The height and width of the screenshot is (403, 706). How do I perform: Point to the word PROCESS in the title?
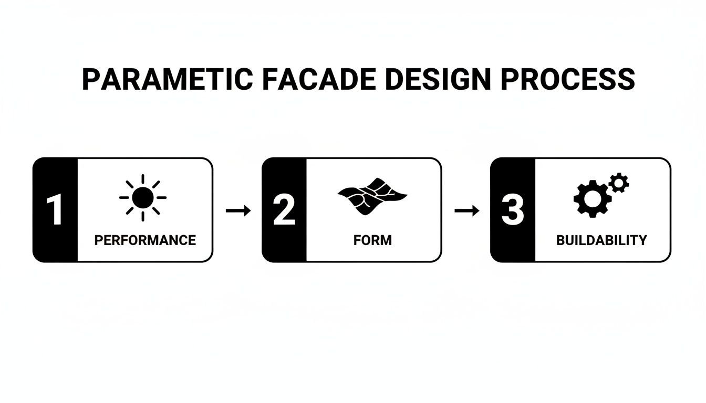point(567,79)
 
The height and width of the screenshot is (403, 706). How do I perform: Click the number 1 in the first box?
point(55,210)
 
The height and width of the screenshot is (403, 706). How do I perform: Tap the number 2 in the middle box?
point(284,210)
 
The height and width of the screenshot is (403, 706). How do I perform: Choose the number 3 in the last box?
point(513,210)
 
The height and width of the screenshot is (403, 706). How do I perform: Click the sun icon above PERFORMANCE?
point(143,198)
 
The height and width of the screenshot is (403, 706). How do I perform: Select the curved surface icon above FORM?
point(372,196)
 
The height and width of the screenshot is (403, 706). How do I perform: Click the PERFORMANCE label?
point(145,240)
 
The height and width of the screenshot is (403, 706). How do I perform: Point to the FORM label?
point(372,240)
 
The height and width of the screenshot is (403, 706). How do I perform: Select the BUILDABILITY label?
point(601,240)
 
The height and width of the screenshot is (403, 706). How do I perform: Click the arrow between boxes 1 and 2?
point(238,210)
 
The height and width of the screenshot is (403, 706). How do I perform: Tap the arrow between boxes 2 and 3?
point(466,210)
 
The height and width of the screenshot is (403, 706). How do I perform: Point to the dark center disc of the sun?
point(143,198)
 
